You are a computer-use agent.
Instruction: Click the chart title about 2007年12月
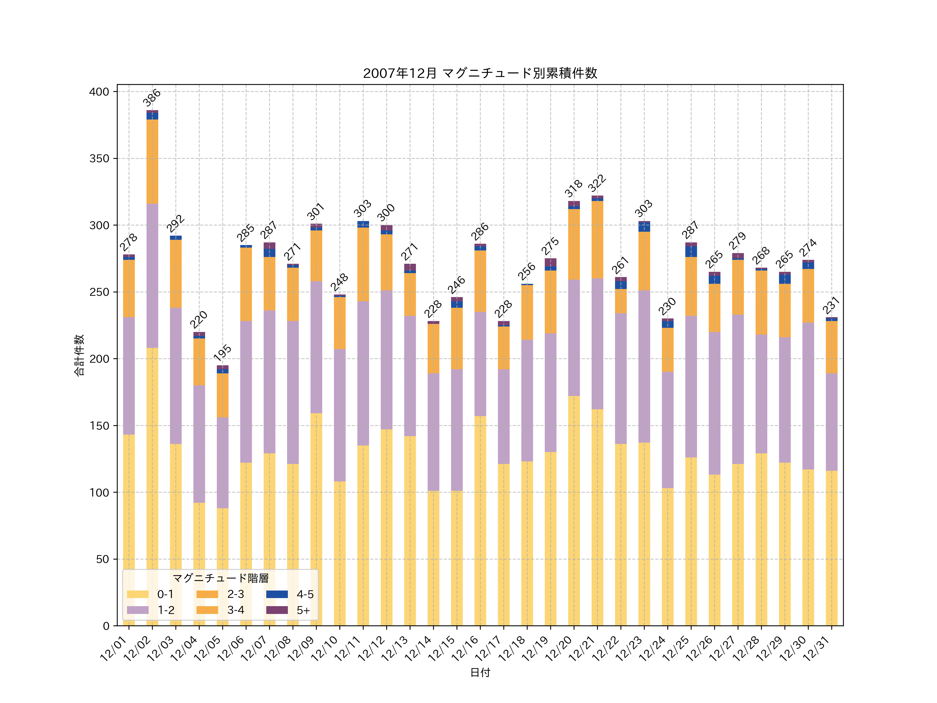[480, 73]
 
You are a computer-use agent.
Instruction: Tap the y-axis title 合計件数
[79, 355]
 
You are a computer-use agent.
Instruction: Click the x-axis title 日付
[480, 673]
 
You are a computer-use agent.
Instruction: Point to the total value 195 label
[222, 353]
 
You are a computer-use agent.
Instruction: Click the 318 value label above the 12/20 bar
[574, 189]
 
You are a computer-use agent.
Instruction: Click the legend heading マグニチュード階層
[220, 578]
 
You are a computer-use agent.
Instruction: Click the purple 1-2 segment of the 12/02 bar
[153, 275]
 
